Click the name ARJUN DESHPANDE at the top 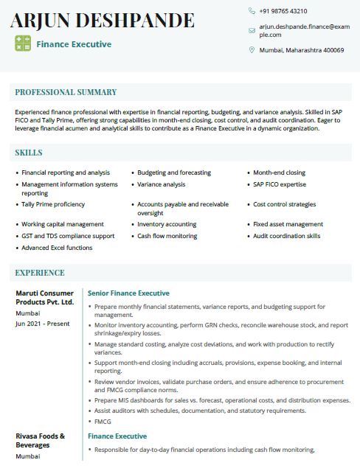coord(103,20)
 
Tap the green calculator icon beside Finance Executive coord(23,43)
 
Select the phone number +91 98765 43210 coord(283,11)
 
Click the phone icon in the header coord(252,11)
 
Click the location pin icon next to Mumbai coord(252,50)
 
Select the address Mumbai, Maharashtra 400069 coord(302,50)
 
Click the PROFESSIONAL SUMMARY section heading coord(66,92)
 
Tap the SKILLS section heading coord(29,153)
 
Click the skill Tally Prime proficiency coord(53,204)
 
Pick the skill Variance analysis coord(162,184)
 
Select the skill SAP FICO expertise coord(280,184)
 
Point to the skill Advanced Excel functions coord(57,248)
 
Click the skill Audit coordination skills coord(287,236)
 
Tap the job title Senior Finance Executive coord(128,293)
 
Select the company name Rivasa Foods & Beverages coord(41,440)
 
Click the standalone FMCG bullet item coord(103,421)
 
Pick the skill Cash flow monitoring coord(167,236)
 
